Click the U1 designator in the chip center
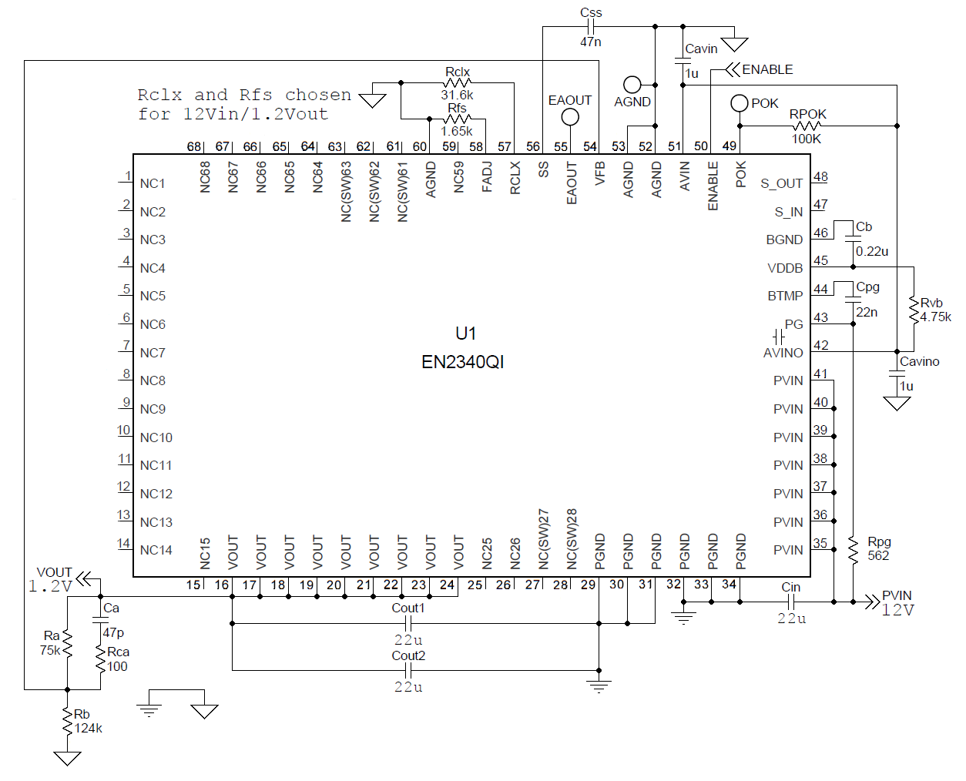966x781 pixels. tap(465, 334)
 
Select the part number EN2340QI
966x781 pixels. tap(462, 362)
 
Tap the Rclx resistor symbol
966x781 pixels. tap(458, 82)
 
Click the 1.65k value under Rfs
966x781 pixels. tap(456, 131)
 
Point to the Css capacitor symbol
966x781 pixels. tap(590, 26)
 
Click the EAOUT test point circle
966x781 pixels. tap(570, 117)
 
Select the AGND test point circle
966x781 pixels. tap(632, 84)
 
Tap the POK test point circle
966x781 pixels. tap(739, 102)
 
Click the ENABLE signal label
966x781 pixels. tap(767, 69)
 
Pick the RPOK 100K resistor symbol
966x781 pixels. tap(806, 126)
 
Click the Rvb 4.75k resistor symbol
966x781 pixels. tap(914, 310)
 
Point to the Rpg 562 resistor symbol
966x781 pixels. tap(853, 549)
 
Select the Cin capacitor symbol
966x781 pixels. tap(791, 602)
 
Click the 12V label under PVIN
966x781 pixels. tap(897, 610)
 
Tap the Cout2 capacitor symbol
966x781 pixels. tap(408, 670)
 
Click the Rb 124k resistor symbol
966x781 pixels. tap(68, 722)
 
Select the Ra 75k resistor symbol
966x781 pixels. tap(68, 643)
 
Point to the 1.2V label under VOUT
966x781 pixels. tap(50, 586)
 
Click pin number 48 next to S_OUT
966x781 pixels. tap(820, 176)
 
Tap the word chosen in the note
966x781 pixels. tap(317, 95)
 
